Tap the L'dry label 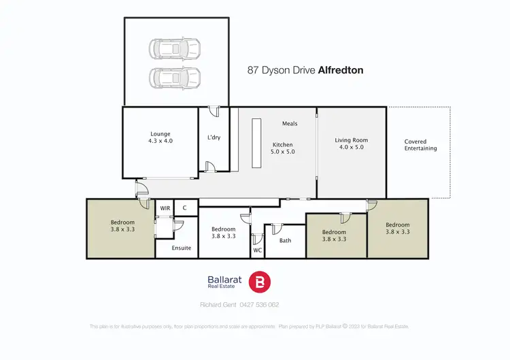(214, 138)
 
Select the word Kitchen (282, 145)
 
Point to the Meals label (290, 124)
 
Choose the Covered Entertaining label (420, 144)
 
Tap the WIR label (165, 208)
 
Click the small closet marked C (185, 208)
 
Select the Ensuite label (182, 248)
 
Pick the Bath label (286, 240)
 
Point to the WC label (257, 250)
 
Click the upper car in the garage (175, 49)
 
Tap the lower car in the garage (175, 76)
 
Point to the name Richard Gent (214, 305)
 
